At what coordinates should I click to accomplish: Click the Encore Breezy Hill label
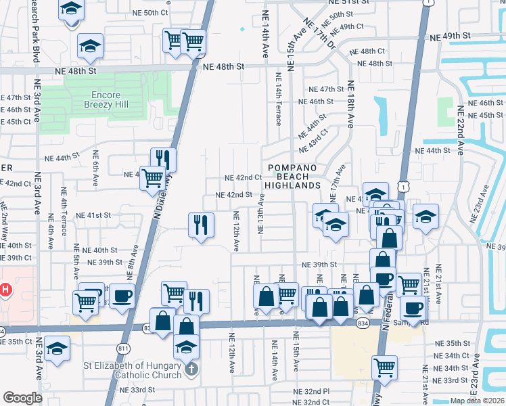click(x=106, y=100)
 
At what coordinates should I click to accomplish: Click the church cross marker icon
click(x=191, y=370)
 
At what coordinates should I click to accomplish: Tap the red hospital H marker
click(x=6, y=291)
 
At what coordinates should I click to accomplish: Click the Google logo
click(x=22, y=398)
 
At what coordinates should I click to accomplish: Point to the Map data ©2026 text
click(x=477, y=401)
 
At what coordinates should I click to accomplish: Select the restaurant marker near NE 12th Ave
click(x=201, y=225)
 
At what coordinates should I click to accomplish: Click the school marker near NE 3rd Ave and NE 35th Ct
click(x=57, y=349)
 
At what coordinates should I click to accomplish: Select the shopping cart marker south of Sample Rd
click(x=384, y=367)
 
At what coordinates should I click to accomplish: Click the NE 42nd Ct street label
click(x=244, y=178)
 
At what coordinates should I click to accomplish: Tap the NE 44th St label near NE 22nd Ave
click(x=432, y=151)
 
